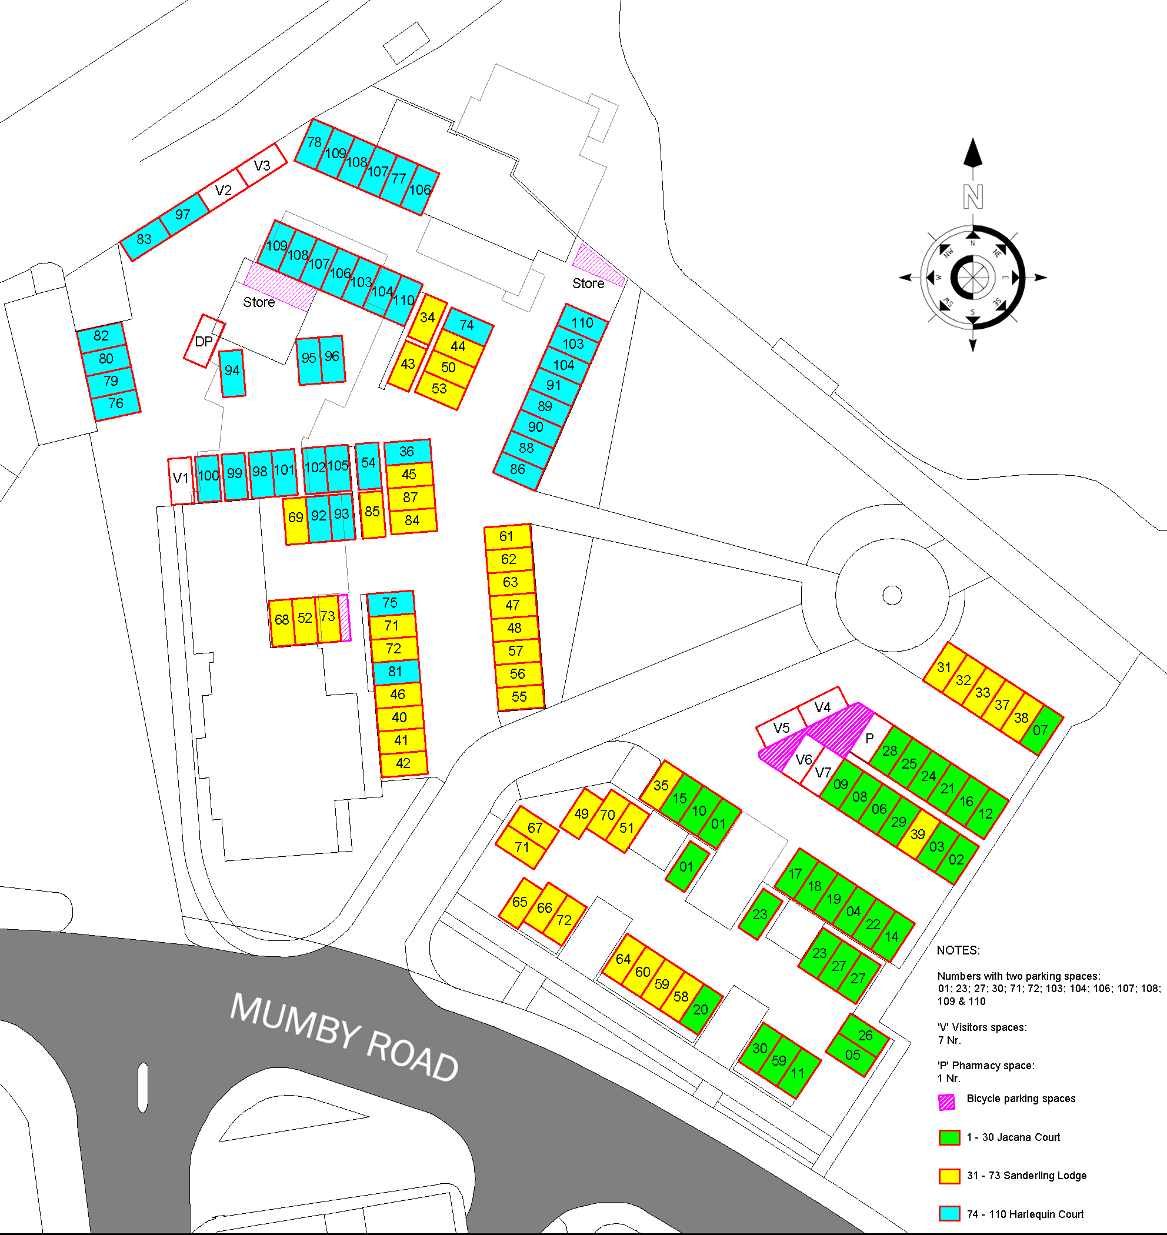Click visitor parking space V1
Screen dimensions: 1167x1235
tap(181, 480)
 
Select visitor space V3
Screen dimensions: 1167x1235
tap(262, 165)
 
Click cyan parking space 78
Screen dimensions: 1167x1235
tap(314, 143)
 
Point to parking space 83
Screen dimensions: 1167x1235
tap(144, 239)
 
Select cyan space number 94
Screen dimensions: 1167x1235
tap(232, 372)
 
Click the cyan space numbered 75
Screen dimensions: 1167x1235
tap(390, 603)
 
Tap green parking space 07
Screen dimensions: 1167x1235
tap(1041, 730)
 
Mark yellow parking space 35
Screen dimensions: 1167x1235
tap(661, 785)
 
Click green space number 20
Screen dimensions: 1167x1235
tap(701, 1009)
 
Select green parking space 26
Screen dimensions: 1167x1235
tap(865, 1036)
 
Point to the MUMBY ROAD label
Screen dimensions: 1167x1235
tap(345, 1038)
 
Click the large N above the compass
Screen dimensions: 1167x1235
tap(973, 197)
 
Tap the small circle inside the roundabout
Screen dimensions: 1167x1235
tap(893, 595)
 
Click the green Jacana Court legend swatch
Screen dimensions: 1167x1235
tap(949, 1137)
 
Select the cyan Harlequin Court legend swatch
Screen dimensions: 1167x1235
tap(949, 1214)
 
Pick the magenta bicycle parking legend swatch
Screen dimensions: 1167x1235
tap(947, 1103)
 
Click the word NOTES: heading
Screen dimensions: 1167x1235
tap(958, 951)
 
